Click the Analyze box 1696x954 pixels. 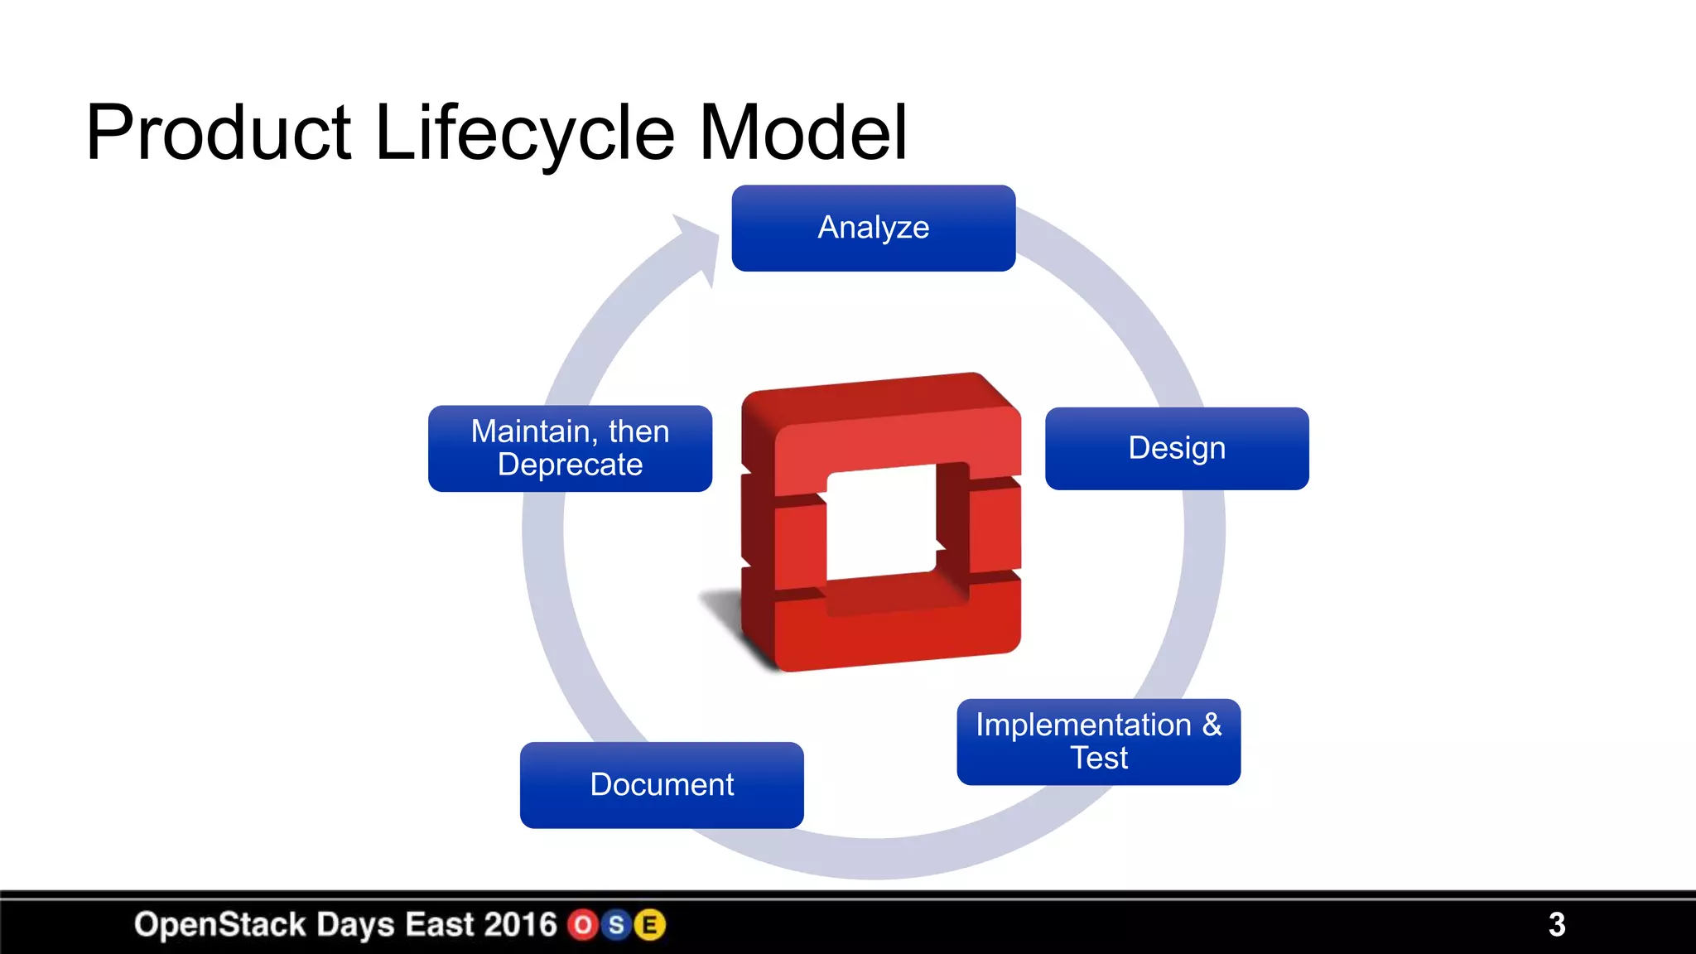(874, 228)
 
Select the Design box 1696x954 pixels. (1177, 448)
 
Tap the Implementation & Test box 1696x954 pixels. (1098, 741)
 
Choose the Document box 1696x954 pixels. (662, 784)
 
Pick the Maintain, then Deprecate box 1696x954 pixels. (570, 448)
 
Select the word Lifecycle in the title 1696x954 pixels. (525, 132)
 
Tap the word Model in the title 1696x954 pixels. (803, 132)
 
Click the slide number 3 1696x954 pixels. (1557, 924)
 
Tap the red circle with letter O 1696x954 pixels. (583, 925)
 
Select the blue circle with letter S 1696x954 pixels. (616, 925)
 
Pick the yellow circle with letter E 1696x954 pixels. (650, 925)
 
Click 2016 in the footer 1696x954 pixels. (520, 924)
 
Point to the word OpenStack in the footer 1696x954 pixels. (219, 924)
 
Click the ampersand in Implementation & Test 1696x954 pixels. (1212, 725)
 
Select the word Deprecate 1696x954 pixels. (570, 465)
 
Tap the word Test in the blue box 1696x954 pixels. (1098, 758)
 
